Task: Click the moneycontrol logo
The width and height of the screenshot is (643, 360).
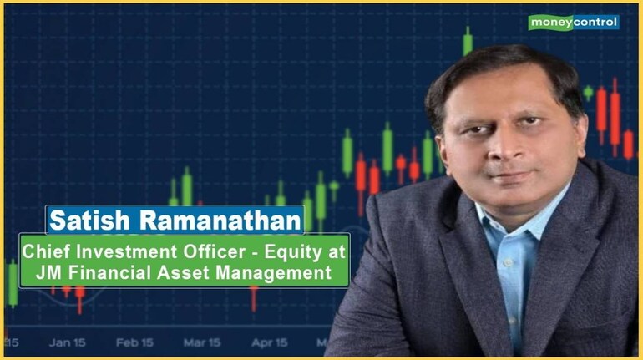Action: click(x=574, y=23)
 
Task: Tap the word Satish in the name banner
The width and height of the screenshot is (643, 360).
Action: click(x=90, y=221)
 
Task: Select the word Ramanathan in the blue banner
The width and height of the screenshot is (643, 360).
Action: click(x=220, y=221)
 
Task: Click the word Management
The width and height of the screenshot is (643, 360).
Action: click(x=274, y=273)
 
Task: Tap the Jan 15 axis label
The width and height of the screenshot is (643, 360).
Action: click(x=68, y=342)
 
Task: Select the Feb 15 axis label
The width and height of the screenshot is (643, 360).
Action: click(x=134, y=342)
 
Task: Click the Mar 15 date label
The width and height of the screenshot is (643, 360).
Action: click(x=202, y=342)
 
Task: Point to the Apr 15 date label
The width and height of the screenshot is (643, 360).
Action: click(x=270, y=342)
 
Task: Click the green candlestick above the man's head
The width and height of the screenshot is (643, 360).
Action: click(x=468, y=41)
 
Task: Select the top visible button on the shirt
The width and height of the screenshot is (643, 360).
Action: click(x=508, y=261)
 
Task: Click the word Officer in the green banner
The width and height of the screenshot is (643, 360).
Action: click(x=214, y=251)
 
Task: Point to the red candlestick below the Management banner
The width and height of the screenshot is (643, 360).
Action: click(x=254, y=298)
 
